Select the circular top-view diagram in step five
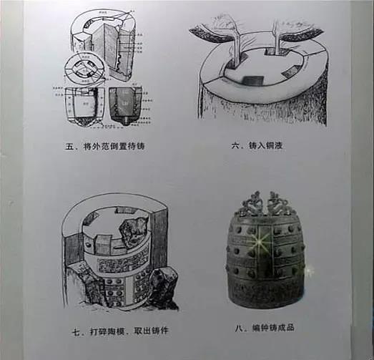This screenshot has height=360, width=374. [85, 72]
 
